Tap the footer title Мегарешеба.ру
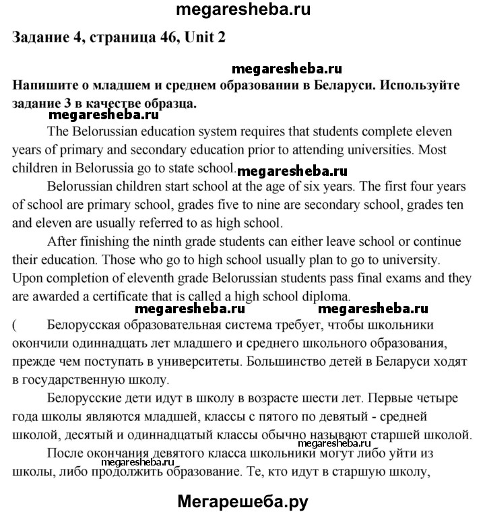(243, 501)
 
